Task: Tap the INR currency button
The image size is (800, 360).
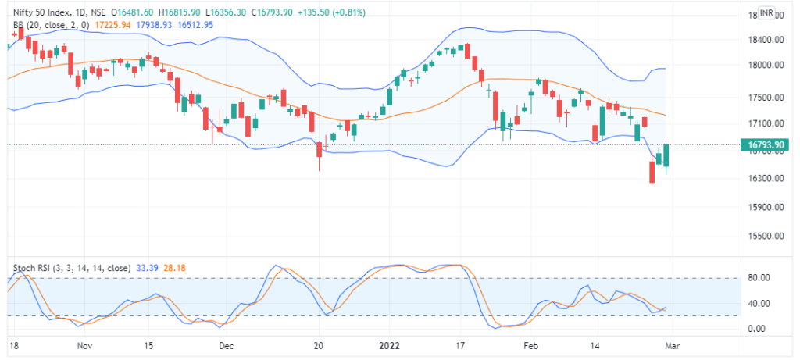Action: coord(767,13)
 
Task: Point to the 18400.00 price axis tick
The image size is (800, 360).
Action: coord(762,40)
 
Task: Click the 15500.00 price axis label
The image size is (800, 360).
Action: coord(762,236)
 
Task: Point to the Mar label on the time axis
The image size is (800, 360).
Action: coord(672,344)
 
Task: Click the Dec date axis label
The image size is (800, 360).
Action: coord(225,344)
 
